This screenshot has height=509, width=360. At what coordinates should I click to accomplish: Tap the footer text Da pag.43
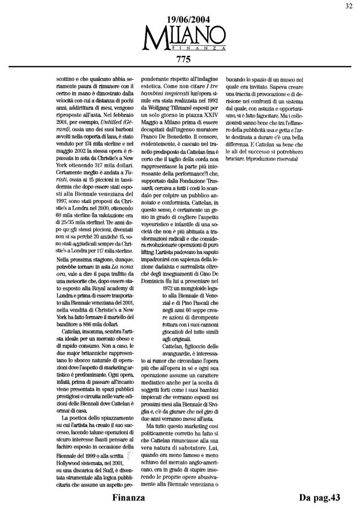pos(320,497)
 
